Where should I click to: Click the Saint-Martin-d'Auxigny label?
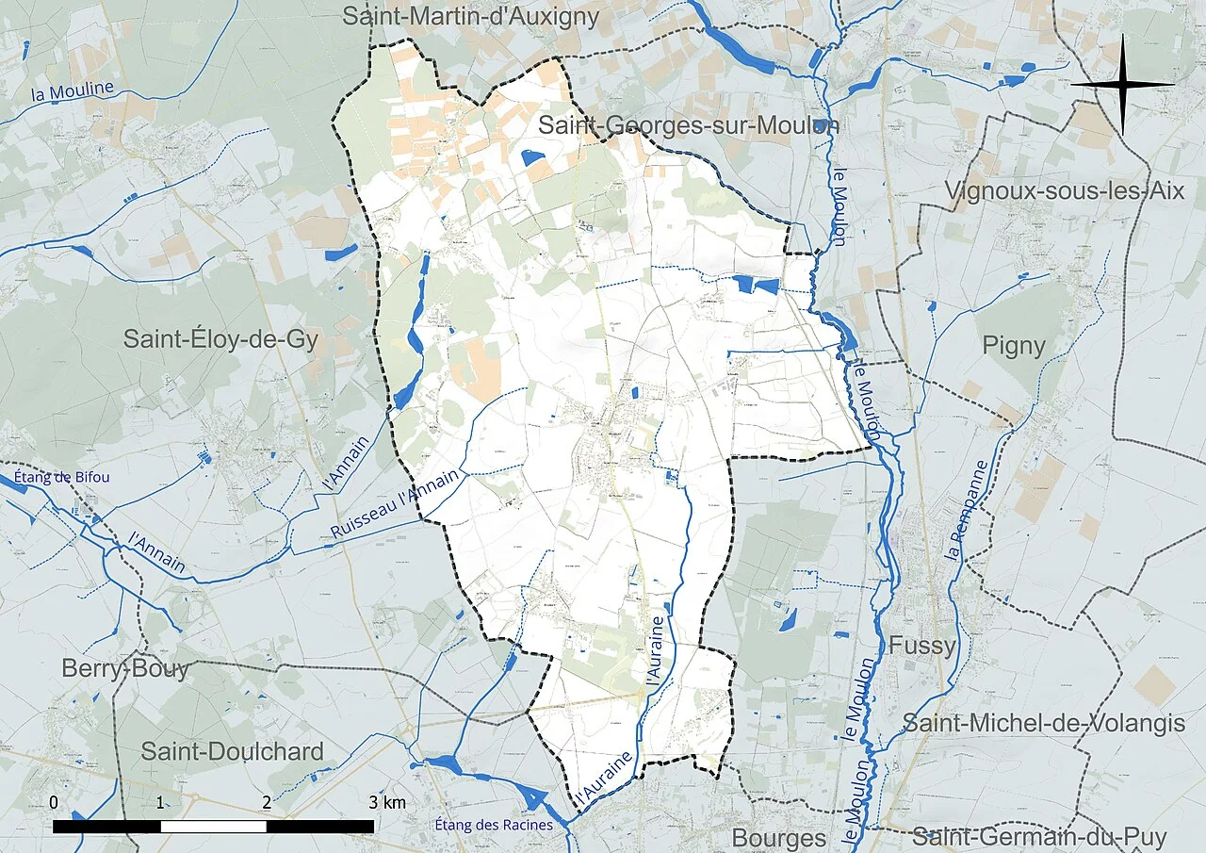[x=470, y=16]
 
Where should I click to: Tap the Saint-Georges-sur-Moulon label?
[x=688, y=124]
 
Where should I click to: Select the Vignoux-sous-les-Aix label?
[x=1064, y=190]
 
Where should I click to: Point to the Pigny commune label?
[x=1014, y=346]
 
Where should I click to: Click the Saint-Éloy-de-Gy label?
[x=220, y=339]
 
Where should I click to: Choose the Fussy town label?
[x=921, y=646]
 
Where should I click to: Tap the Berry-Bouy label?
[x=125, y=669]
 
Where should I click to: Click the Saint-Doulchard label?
[x=232, y=751]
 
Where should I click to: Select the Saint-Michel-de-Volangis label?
[x=1043, y=723]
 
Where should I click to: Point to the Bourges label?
[x=778, y=837]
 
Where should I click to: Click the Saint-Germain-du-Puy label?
[x=1038, y=836]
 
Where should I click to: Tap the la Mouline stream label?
[x=73, y=92]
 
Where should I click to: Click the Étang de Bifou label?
[x=61, y=477]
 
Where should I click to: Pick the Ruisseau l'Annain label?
[x=396, y=504]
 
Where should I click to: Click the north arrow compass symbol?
[x=1123, y=85]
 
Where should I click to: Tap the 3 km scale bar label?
[x=387, y=802]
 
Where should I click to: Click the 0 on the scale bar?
[x=54, y=802]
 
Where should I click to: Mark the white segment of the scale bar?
[x=214, y=826]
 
